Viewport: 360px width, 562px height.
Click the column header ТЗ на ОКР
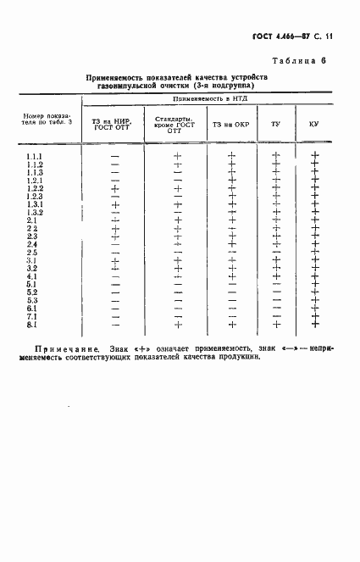click(230, 125)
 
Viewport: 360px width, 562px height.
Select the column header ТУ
click(275, 125)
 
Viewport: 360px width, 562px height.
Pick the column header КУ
click(313, 125)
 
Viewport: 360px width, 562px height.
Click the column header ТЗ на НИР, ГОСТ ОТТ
click(114, 125)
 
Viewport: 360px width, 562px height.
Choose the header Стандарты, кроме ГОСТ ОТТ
click(177, 125)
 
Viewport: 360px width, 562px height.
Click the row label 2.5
click(32, 253)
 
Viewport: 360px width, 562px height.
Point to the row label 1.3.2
click(36, 213)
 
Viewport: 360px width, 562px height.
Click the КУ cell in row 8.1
click(314, 325)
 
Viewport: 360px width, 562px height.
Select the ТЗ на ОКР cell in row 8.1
click(231, 325)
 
